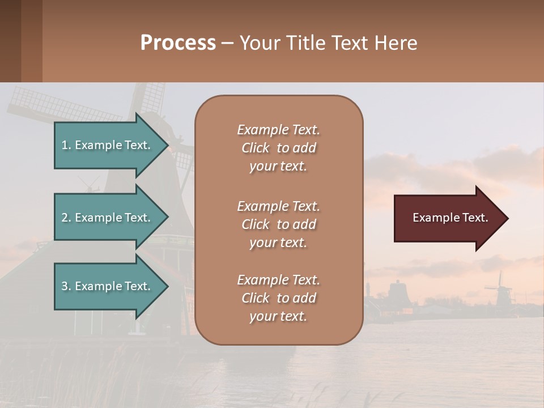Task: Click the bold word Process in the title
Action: tap(178, 43)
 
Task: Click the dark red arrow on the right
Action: tap(448, 218)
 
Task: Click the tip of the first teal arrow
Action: tap(166, 145)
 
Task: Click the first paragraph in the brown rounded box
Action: tap(278, 148)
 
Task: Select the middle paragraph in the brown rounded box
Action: tap(278, 224)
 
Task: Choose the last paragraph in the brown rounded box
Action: tap(278, 298)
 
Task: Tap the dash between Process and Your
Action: tap(227, 43)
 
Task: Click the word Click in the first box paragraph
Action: tap(256, 148)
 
